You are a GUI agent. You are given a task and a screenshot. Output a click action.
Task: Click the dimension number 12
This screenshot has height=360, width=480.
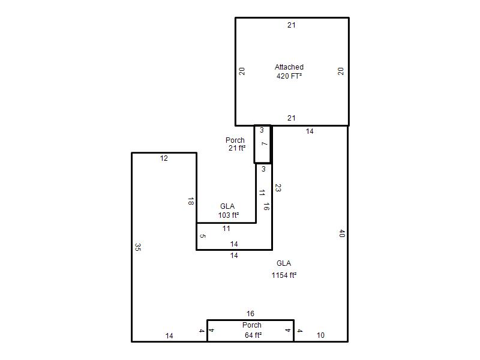pos(164,158)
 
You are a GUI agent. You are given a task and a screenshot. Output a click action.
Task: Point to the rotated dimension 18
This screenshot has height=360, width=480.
pos(191,201)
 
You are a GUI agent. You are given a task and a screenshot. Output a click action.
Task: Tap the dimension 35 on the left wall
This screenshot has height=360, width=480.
pos(138,247)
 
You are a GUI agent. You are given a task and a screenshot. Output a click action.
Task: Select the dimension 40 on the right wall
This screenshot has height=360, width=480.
pos(342,233)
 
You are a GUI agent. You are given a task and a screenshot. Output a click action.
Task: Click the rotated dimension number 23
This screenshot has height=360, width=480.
pos(278,188)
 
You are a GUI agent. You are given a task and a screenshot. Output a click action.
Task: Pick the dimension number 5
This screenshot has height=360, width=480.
pos(203,236)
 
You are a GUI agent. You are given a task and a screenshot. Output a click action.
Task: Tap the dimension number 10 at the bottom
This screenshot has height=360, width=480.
pos(320,335)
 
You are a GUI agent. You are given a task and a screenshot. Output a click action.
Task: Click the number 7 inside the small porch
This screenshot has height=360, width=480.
pos(264,143)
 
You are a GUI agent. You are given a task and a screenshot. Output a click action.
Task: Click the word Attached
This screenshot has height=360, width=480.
pos(289,67)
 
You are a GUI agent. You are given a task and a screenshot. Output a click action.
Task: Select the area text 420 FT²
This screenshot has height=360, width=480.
pos(289,76)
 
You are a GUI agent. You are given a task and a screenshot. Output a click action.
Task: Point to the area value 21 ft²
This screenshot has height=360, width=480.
pos(237,148)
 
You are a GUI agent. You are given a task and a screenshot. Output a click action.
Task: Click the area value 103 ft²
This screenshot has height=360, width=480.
pos(229,215)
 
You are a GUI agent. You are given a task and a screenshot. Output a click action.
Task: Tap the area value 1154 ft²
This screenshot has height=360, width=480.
pos(284,275)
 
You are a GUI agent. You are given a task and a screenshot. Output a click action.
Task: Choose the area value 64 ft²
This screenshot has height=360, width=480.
pos(253,335)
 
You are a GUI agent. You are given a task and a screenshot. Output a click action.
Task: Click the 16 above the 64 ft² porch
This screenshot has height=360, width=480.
pos(250,313)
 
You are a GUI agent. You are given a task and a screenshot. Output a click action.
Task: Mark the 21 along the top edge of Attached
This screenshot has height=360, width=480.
pos(292,25)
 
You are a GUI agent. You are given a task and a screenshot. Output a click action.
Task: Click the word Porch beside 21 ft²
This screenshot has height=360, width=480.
pos(235,140)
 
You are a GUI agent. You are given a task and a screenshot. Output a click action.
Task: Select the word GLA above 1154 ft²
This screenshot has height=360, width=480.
pos(284,263)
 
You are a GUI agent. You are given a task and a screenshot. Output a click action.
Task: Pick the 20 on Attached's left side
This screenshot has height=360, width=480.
pos(242,71)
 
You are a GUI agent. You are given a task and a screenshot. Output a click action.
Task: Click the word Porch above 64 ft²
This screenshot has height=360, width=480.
pos(252,325)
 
